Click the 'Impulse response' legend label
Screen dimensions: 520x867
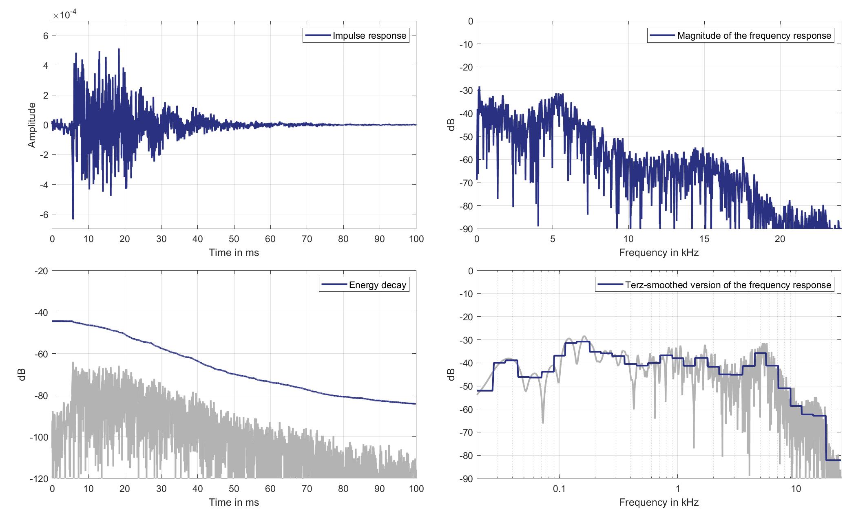pos(369,36)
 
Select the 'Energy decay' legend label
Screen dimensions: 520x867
pos(377,285)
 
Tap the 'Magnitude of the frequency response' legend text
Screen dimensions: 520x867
pos(754,36)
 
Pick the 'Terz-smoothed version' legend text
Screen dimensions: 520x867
pos(728,285)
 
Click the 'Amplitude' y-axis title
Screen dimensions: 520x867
pos(32,125)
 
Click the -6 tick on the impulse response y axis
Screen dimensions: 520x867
pos(43,214)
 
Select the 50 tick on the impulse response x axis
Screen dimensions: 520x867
pos(234,239)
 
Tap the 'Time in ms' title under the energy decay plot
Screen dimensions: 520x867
pos(234,502)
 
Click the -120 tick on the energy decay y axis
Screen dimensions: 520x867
pos(39,478)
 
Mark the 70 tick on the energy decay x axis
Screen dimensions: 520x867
pos(307,489)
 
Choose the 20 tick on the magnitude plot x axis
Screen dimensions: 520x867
pos(780,239)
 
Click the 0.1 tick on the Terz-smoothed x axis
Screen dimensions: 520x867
pos(559,489)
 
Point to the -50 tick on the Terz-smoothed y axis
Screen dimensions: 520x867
pos(467,386)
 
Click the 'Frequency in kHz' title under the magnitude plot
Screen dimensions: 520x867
pos(659,253)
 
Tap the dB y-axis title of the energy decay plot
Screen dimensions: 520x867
pos(22,374)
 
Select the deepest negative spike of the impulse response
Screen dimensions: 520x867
pos(73,218)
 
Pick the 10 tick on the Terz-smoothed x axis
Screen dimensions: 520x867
pos(796,489)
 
